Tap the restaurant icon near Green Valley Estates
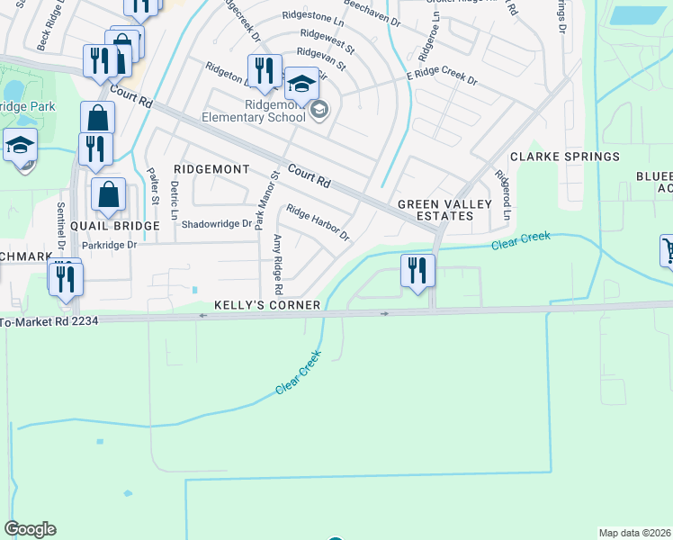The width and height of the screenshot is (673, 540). [x=417, y=271]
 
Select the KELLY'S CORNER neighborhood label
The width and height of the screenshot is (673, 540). [x=267, y=305]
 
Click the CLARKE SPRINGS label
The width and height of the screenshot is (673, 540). [x=565, y=157]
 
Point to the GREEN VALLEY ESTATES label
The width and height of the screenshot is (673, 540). [x=444, y=210]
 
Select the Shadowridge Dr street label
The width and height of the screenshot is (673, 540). [x=217, y=224]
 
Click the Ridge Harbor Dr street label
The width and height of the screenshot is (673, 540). [x=317, y=222]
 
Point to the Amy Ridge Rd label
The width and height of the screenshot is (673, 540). [x=278, y=264]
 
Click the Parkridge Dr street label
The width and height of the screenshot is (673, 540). [x=109, y=245]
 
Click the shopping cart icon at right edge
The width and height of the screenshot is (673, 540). [x=669, y=249]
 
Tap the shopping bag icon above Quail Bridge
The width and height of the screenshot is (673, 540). [x=109, y=194]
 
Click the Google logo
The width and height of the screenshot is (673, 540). [x=30, y=529]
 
